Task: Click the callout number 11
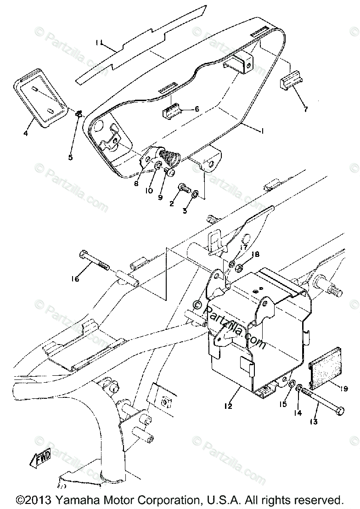point(100,43)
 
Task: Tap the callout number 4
point(26,133)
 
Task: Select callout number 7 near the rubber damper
point(306,109)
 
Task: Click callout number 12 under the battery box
point(228,406)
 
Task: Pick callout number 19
point(345,389)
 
